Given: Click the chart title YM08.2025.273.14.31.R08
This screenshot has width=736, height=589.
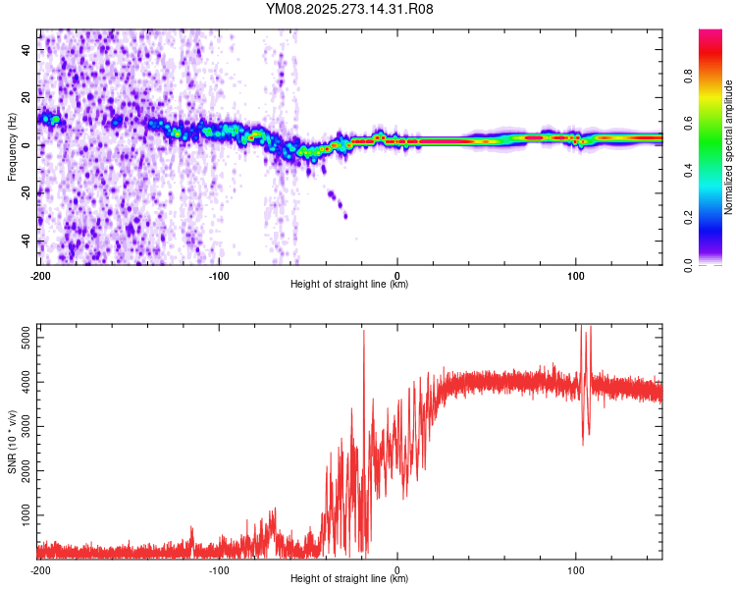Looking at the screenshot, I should tap(349, 9).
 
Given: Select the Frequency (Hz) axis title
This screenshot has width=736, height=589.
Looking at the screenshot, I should tap(12, 147).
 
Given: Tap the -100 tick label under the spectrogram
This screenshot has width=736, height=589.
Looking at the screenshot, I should tap(218, 276).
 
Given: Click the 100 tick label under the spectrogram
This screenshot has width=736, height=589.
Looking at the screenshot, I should tap(576, 276).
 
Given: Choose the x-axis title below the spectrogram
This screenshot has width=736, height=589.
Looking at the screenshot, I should tap(349, 285).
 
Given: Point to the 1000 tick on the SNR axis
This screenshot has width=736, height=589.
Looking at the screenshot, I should tap(23, 514).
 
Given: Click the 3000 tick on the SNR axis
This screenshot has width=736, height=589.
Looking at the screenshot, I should tap(23, 426).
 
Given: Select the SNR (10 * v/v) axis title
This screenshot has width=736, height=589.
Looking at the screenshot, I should tap(12, 442).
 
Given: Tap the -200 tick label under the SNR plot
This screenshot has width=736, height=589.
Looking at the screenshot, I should tap(39, 570).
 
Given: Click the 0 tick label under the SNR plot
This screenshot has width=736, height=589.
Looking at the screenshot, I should tap(397, 570).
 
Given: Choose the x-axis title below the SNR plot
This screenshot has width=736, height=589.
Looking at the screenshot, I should tap(349, 579).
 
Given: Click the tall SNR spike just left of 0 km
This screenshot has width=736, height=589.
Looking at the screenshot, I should tap(364, 334).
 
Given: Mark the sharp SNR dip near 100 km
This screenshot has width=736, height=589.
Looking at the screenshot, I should tap(584, 442).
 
